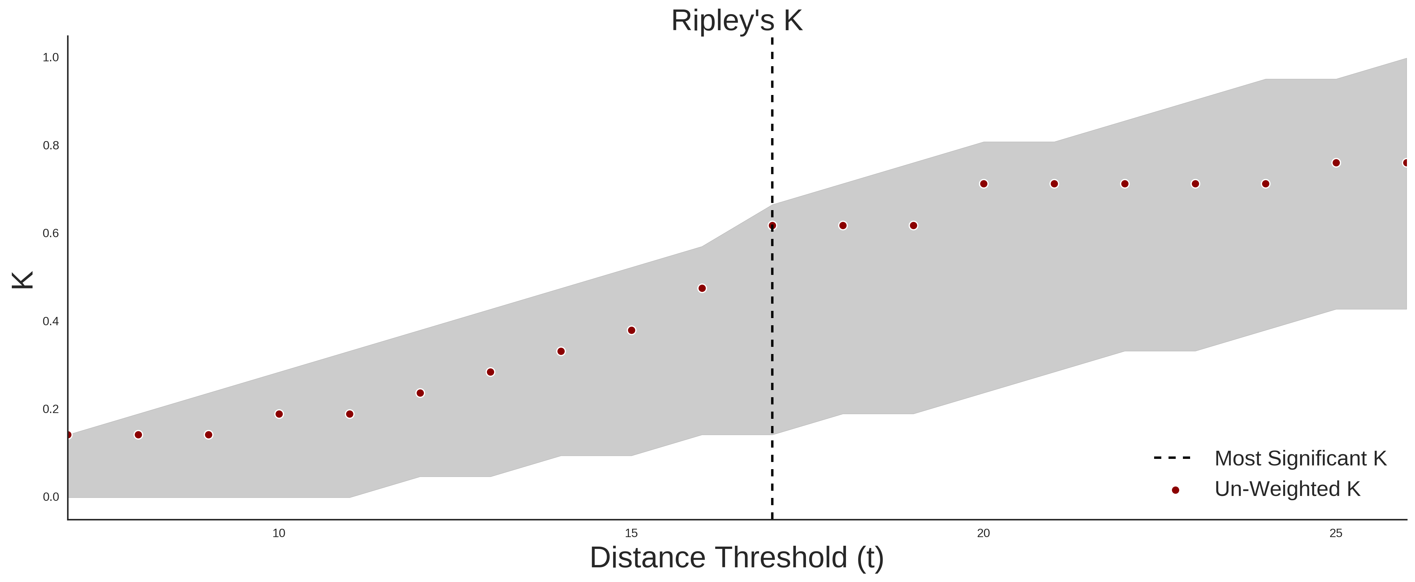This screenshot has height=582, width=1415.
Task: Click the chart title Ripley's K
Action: coord(737,21)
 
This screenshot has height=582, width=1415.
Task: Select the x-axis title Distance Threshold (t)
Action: coord(737,558)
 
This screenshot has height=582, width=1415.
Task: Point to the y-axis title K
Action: coord(23,280)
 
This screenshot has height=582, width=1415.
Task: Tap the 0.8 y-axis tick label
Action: coord(51,146)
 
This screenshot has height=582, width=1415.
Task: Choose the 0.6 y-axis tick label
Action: coord(51,233)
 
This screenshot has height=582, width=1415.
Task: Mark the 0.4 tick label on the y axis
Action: coord(51,321)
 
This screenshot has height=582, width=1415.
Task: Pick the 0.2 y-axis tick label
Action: coord(51,409)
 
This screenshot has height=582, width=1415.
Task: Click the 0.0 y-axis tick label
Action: coord(51,497)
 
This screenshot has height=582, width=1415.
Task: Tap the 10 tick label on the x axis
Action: coord(279,533)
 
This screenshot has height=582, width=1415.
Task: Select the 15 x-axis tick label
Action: coord(631,533)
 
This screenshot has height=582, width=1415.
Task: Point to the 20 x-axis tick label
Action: coord(983,533)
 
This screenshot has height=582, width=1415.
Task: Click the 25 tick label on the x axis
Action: coord(1336,533)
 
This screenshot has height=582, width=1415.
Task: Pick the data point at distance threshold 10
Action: coord(279,414)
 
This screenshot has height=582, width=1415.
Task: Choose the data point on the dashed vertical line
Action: coord(772,226)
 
